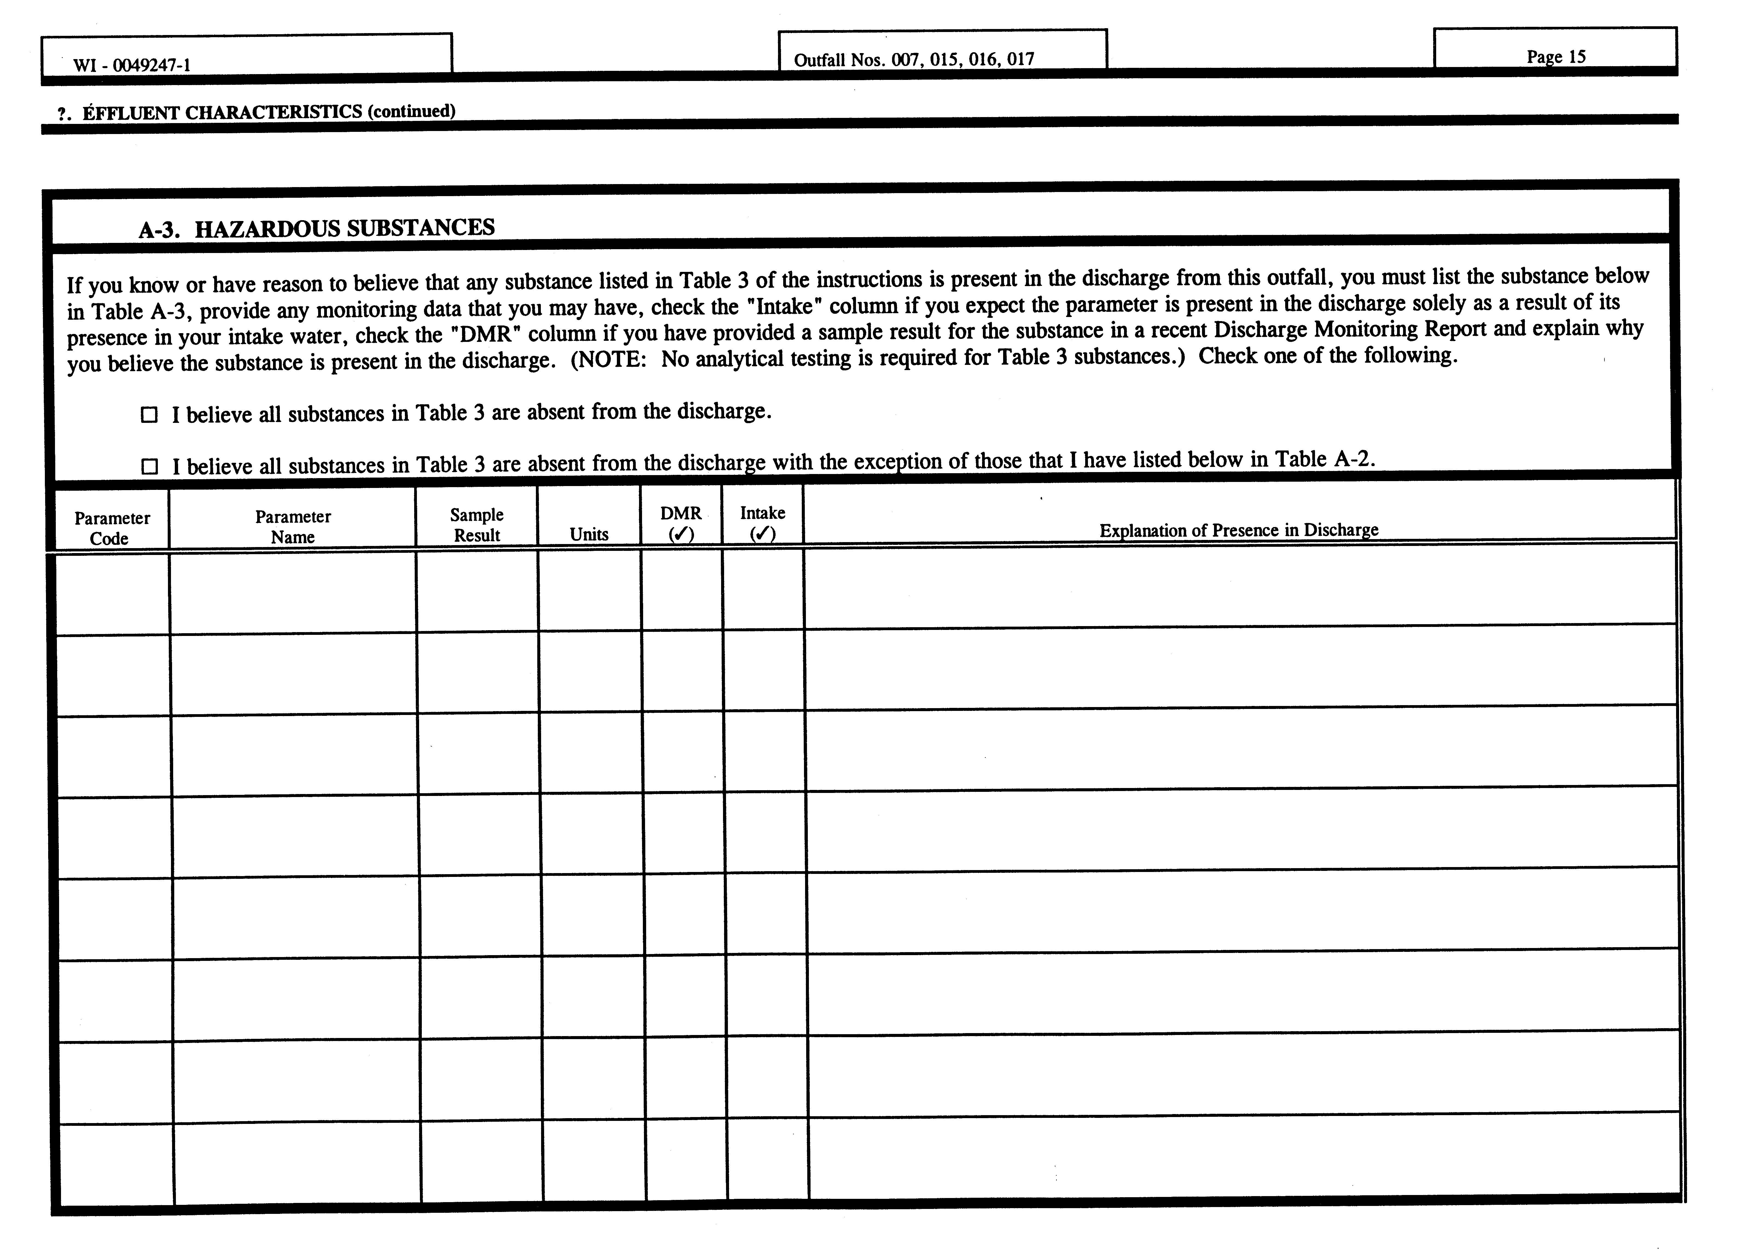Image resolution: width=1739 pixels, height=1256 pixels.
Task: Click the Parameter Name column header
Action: click(x=293, y=526)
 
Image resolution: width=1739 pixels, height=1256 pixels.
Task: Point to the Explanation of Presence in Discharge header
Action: click(x=1238, y=530)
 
